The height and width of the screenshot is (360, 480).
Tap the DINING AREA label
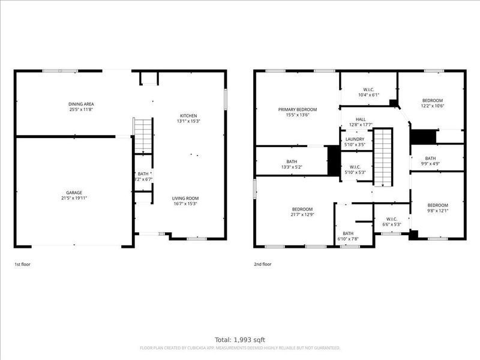tap(80, 104)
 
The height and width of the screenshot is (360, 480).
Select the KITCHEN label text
tap(188, 116)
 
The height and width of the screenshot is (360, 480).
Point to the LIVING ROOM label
tap(185, 198)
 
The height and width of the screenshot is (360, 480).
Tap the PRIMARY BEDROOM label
tap(297, 109)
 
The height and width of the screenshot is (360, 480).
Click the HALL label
tap(361, 119)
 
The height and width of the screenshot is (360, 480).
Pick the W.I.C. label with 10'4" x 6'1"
tap(369, 95)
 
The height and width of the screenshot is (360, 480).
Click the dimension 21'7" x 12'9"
tap(302, 214)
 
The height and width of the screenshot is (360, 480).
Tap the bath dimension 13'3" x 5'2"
tap(292, 167)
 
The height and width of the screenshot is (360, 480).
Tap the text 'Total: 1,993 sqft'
tap(239, 340)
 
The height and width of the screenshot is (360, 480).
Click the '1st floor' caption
tap(22, 264)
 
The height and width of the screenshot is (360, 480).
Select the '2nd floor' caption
tap(263, 264)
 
